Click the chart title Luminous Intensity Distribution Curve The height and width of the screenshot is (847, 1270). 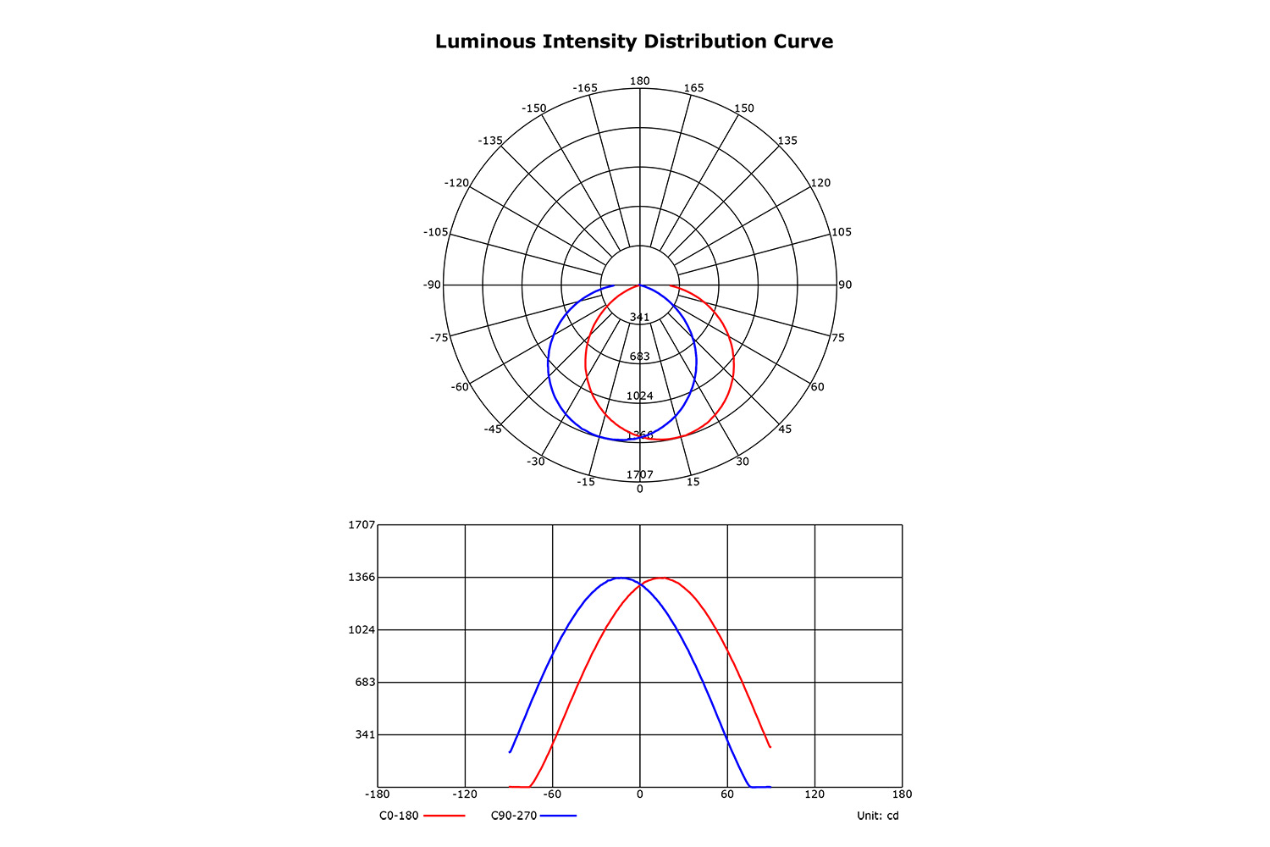(x=634, y=42)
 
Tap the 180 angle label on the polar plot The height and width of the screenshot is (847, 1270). (x=639, y=81)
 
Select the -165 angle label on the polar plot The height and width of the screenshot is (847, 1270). (x=585, y=88)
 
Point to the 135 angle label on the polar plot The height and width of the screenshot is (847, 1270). (x=787, y=141)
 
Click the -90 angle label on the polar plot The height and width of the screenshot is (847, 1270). (x=433, y=285)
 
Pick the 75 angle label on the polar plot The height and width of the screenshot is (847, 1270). (x=837, y=338)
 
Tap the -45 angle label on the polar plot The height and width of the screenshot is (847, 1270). (x=493, y=429)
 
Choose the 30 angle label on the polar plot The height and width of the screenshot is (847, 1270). (x=743, y=462)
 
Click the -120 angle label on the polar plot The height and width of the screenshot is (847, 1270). (x=457, y=183)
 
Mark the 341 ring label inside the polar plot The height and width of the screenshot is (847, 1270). (x=639, y=318)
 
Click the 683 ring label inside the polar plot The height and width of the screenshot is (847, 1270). (x=639, y=357)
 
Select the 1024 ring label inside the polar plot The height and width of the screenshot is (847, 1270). (x=639, y=396)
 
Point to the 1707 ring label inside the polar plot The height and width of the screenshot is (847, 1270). (x=639, y=474)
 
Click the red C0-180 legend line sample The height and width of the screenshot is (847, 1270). (x=444, y=816)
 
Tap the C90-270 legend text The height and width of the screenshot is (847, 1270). (x=514, y=816)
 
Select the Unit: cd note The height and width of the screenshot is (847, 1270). (x=878, y=816)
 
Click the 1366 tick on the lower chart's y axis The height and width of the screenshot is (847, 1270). (x=362, y=577)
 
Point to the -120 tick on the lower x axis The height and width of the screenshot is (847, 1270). (x=465, y=794)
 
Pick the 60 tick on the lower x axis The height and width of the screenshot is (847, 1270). (x=727, y=794)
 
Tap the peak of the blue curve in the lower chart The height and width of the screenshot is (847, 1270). (x=621, y=578)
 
